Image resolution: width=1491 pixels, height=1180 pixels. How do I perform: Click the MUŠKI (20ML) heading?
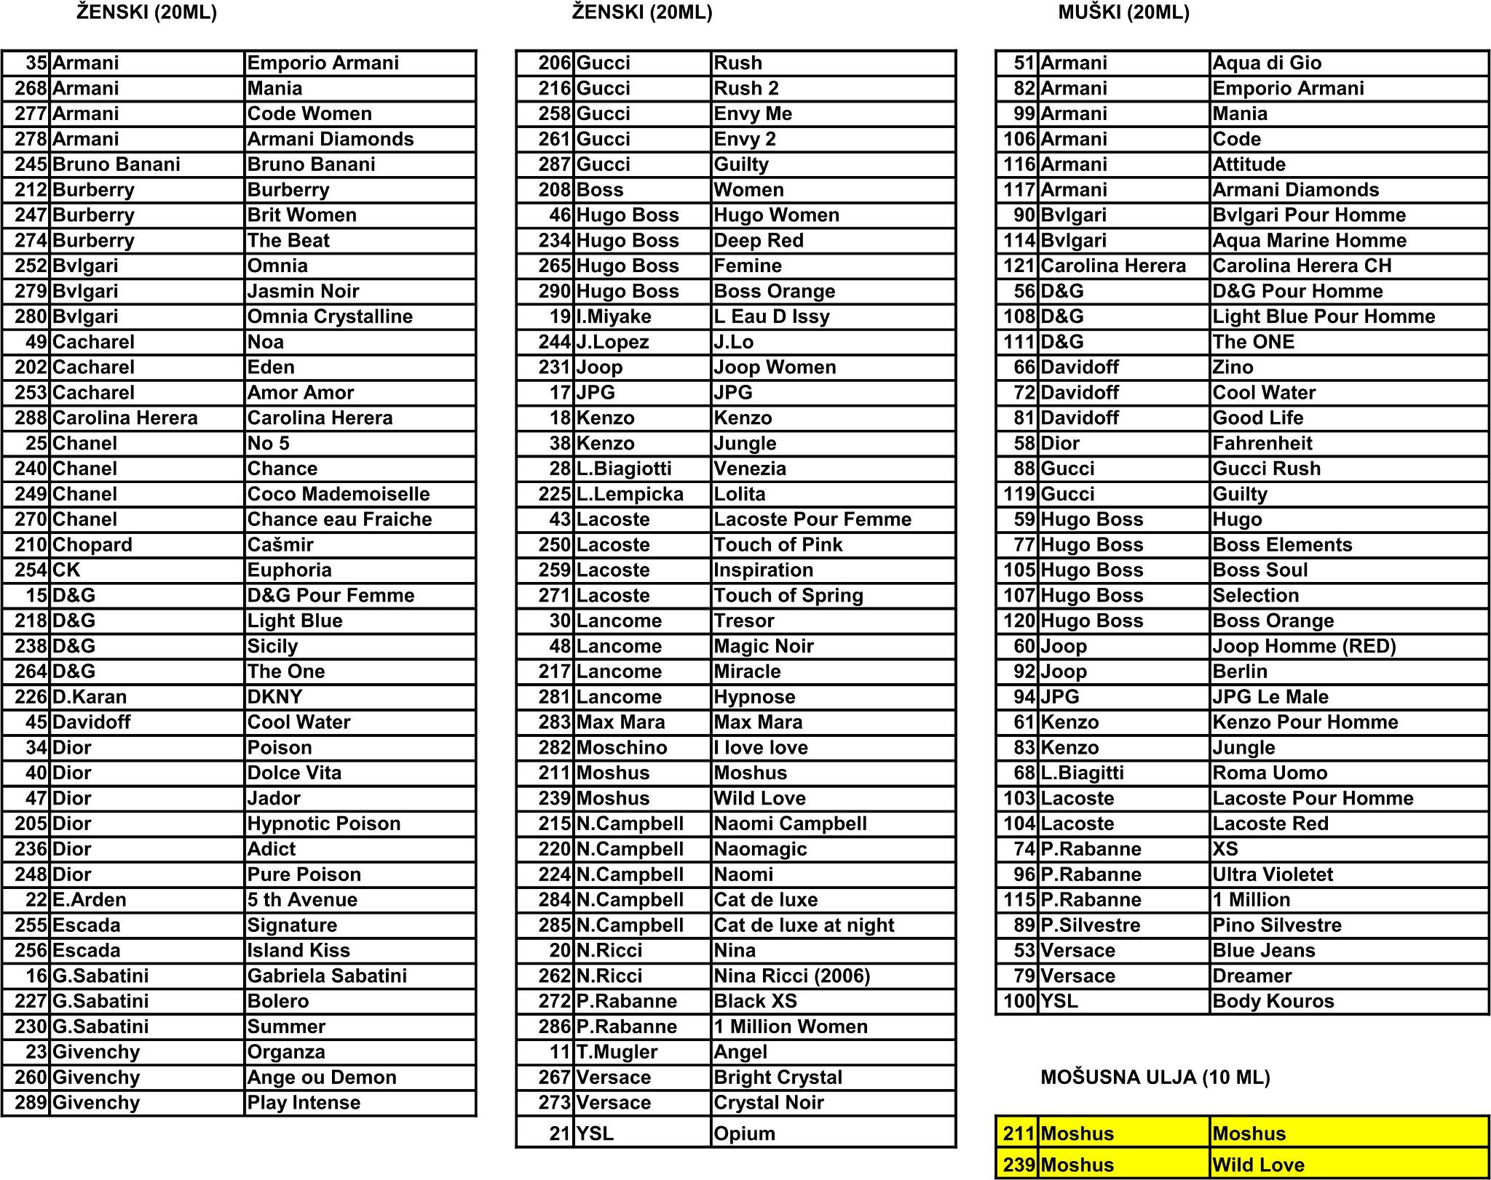click(1123, 12)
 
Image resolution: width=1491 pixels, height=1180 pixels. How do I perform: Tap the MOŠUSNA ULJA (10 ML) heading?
click(1155, 1077)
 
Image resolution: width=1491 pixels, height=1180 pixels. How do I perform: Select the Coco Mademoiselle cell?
click(339, 495)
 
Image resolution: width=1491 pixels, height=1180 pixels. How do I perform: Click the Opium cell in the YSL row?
click(744, 1133)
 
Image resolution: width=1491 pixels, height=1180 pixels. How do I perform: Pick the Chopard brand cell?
click(92, 545)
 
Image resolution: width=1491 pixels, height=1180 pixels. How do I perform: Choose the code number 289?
click(31, 1103)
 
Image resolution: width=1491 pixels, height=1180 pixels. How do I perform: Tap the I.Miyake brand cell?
click(613, 317)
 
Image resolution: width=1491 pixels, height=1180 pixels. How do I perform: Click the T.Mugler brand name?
click(617, 1052)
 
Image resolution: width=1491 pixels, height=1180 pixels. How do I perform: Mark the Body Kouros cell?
click(1273, 1002)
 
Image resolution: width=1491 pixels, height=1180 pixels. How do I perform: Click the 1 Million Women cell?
click(791, 1026)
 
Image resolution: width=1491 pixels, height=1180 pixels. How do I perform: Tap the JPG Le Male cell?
click(1270, 697)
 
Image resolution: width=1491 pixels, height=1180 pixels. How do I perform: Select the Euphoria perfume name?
click(289, 570)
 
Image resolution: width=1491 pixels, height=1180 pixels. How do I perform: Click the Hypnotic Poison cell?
click(324, 824)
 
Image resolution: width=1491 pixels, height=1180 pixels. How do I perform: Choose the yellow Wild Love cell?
click(1258, 1165)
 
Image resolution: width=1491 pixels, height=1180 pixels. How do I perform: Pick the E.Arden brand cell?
click(89, 900)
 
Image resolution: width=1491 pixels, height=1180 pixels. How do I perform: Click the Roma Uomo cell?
click(1270, 773)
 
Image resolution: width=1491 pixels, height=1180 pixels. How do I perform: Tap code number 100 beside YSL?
click(1019, 1002)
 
